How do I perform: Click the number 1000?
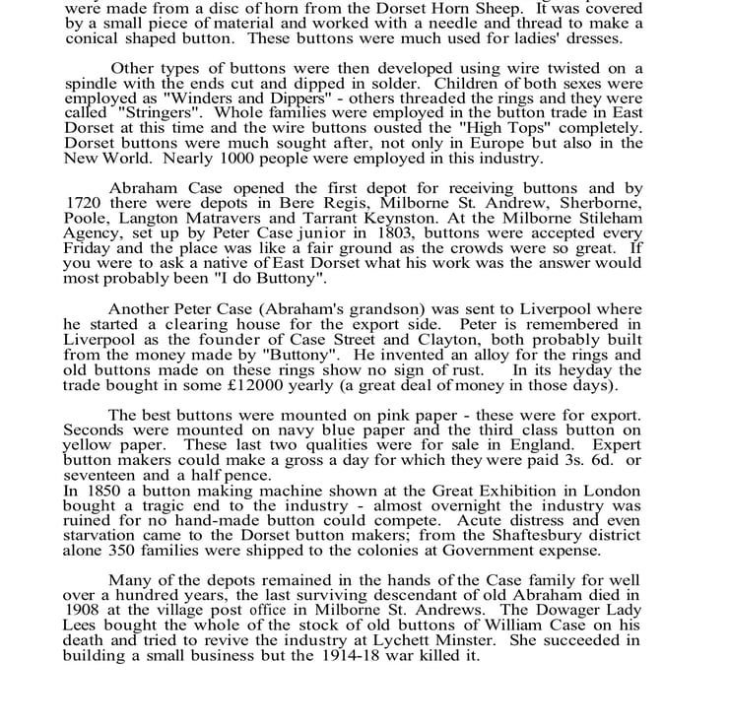222,159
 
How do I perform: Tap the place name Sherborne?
600,204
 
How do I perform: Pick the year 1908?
83,611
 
